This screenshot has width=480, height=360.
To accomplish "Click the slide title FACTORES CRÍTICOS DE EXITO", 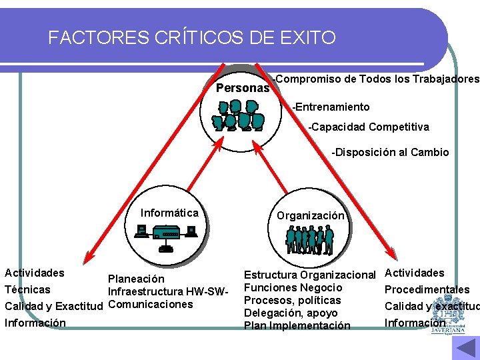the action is [192, 38].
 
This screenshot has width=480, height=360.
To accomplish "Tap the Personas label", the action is [243, 88].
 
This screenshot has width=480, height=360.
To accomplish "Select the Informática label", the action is [169, 213].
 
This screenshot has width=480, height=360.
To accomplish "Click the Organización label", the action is [311, 215].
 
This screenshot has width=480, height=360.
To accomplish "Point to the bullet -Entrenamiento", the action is [331, 107].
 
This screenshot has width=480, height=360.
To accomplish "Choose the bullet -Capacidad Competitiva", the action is [369, 127].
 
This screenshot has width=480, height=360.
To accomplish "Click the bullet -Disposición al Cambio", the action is [391, 152].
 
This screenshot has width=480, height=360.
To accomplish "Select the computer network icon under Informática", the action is [167, 235].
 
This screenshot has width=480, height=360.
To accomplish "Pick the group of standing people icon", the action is [309, 239].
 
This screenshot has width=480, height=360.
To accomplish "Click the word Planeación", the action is [136, 279].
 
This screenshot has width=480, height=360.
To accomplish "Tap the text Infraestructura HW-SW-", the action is [168, 291].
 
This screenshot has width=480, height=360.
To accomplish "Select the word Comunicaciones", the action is [150, 305].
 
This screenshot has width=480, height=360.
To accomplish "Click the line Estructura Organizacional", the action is [310, 275].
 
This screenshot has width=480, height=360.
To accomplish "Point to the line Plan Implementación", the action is [297, 325].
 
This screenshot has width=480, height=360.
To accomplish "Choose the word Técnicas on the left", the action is [27, 289].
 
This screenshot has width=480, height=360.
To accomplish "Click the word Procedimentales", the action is [427, 289].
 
